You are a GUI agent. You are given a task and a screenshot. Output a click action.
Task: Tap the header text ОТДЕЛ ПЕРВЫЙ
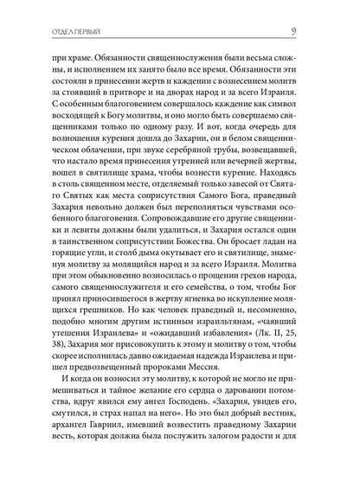pos(55,10)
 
